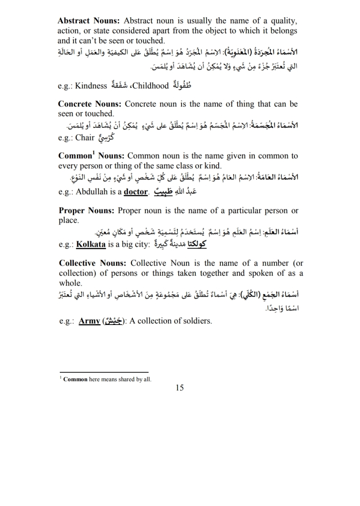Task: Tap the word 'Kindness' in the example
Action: pyautogui.click(x=91, y=86)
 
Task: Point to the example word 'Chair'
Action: pyautogui.click(x=85, y=138)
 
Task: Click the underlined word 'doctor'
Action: pyautogui.click(x=136, y=192)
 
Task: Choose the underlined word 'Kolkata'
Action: pyautogui.click(x=91, y=244)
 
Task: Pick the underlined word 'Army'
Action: pyautogui.click(x=89, y=321)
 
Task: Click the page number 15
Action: pyautogui.click(x=179, y=388)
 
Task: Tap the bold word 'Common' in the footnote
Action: pyautogui.click(x=75, y=379)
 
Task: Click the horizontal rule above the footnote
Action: pyautogui.click(x=104, y=372)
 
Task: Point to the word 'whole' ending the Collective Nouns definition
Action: pyautogui.click(x=70, y=283)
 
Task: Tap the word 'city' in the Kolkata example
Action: pyautogui.click(x=140, y=244)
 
